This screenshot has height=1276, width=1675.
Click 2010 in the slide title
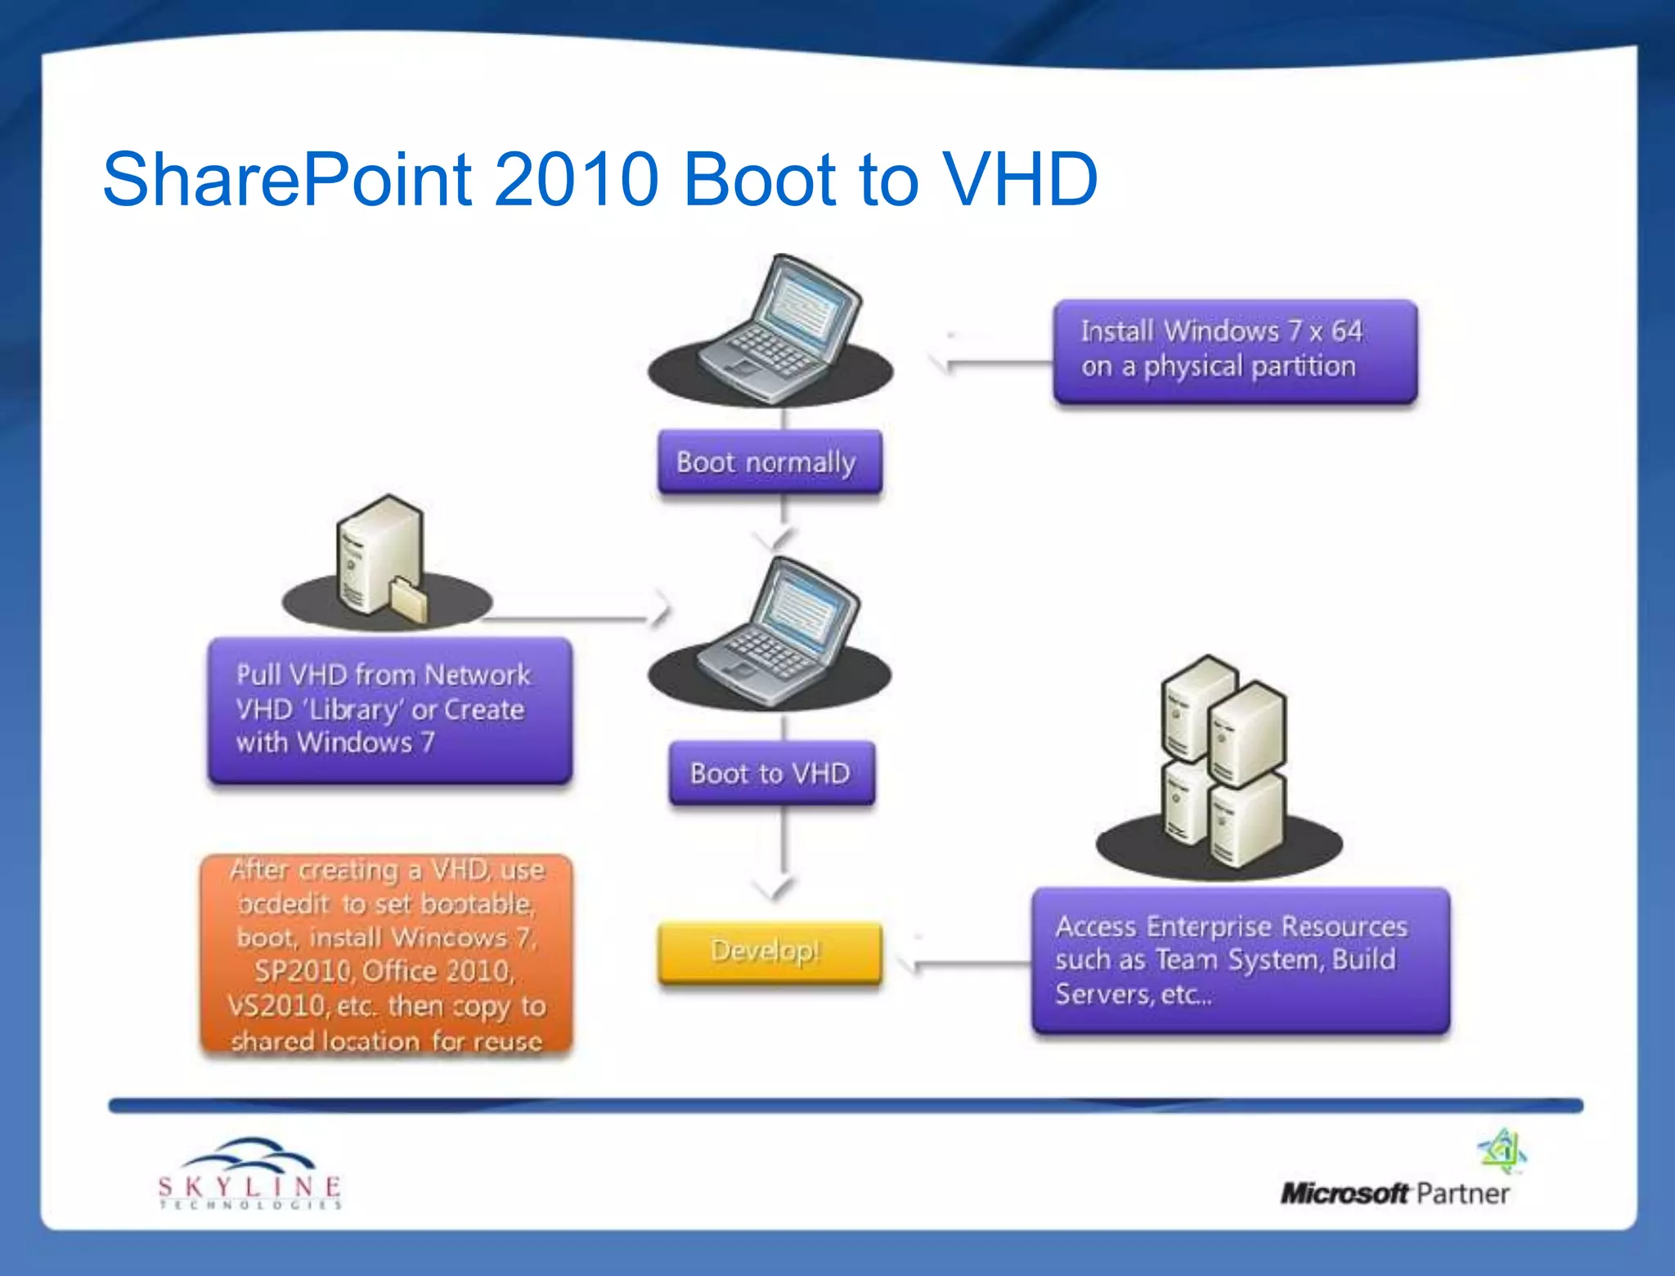576,178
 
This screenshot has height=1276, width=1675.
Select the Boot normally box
769,462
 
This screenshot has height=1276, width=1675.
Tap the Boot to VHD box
770,773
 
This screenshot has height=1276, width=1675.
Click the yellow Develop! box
769,951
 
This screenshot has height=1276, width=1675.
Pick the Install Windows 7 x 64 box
1234,350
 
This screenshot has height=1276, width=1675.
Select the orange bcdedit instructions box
386,954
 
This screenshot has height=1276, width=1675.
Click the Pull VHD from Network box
389,709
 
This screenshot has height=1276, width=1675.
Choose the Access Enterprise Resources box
1239,959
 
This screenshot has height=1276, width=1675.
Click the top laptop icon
777,331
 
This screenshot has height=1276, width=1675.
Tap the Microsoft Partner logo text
1394,1193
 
